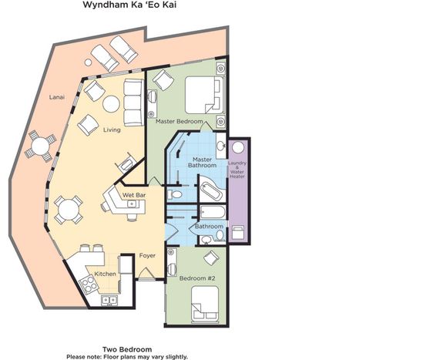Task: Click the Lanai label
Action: click(57, 97)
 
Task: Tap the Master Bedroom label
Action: click(180, 121)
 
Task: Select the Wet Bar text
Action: click(133, 195)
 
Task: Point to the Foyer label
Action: click(147, 256)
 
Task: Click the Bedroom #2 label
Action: click(197, 278)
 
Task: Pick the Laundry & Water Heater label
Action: click(237, 170)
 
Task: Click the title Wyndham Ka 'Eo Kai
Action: click(129, 5)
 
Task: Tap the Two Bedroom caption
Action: click(127, 349)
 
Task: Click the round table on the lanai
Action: click(40, 146)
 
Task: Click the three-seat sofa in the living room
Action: click(133, 103)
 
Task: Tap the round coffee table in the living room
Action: click(111, 104)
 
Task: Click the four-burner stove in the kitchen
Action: click(89, 284)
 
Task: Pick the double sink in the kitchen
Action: click(109, 300)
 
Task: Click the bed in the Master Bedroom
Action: click(204, 95)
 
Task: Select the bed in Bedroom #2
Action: click(205, 304)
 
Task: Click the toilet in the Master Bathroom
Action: click(175, 194)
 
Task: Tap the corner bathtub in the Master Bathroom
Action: click(211, 188)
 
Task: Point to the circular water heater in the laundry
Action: click(238, 147)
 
